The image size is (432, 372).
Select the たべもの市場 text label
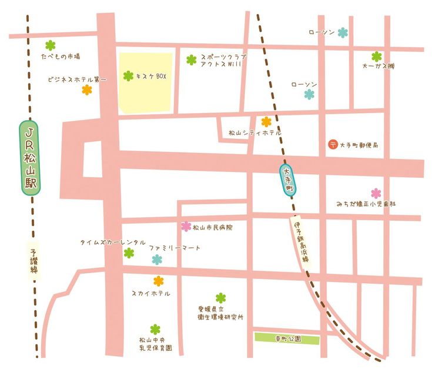pos(60,57)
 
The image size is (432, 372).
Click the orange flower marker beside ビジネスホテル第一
pos(87,90)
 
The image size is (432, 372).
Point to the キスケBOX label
pos(152,76)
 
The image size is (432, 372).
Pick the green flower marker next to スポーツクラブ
pos(191,59)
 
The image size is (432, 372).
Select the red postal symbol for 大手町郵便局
pos(333,144)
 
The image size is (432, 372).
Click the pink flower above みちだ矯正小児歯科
pos(376,193)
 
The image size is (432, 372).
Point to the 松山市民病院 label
pos(212,227)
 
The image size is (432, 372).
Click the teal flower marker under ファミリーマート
pos(157,259)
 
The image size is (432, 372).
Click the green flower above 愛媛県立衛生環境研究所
pos(220,298)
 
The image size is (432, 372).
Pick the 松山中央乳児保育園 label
pos(155,344)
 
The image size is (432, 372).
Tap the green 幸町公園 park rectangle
pos(287,339)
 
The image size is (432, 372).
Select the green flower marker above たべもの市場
pos(50,45)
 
